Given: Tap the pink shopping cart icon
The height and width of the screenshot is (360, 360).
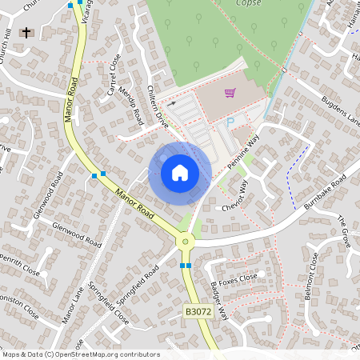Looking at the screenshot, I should click(230, 93).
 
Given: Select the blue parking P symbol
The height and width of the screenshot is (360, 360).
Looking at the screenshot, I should click(231, 122).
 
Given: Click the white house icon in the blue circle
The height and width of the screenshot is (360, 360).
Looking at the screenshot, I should click(180, 172).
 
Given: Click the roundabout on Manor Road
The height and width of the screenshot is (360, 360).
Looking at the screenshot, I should click(186, 239).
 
